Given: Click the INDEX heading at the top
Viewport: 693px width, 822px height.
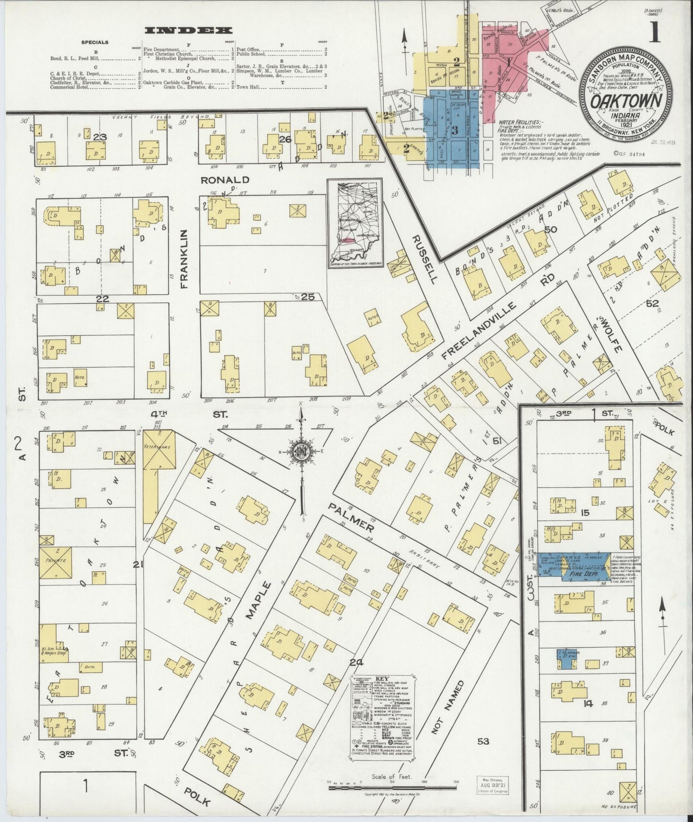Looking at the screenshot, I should pos(188,30).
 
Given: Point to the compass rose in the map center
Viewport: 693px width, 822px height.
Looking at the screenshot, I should pos(301,453).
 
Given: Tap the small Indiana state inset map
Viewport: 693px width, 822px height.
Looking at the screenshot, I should pos(355,223).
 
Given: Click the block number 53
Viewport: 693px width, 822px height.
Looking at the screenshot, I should pos(483,741).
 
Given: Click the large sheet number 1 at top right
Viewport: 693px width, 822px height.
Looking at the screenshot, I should pos(655,35).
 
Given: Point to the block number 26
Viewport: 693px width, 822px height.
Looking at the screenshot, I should pos(285,140).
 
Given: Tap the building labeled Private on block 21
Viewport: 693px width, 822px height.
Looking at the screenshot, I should pos(56,560).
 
